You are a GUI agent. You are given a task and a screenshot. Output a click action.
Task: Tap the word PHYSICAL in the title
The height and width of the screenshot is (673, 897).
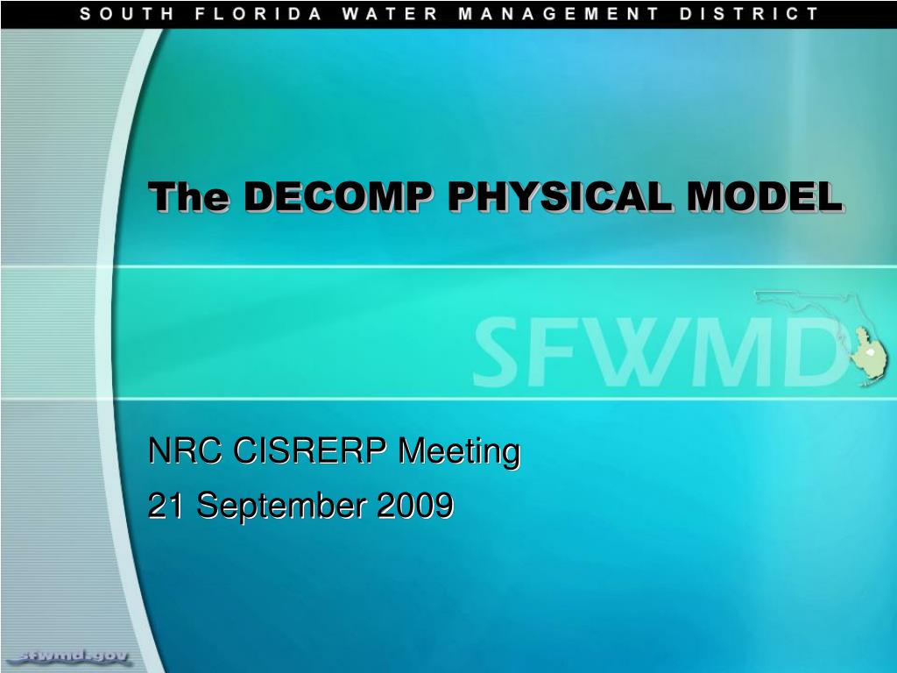pos(561,196)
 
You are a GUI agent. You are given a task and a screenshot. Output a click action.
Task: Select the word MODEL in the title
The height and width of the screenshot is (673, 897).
pos(765,196)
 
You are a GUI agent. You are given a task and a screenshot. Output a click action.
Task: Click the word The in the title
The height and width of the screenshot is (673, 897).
pos(189,196)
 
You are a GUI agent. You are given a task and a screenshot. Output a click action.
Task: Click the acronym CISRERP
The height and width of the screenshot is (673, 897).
pos(310,450)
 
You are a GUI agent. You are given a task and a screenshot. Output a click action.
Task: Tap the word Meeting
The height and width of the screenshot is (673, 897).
pos(459,453)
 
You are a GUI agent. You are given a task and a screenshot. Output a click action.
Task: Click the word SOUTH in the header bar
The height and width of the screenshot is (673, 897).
pos(126,14)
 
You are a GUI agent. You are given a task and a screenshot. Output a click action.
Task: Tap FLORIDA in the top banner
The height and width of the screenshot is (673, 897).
pos(258,14)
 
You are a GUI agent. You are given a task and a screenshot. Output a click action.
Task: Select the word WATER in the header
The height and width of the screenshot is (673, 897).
pos(390,14)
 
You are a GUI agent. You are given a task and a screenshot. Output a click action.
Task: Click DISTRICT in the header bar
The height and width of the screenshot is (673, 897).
pos(750,14)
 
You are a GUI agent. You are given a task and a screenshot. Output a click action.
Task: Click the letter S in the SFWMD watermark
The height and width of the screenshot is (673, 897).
pos(496,351)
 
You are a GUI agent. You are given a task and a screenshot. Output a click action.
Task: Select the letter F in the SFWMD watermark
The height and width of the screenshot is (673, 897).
pos(548,351)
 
